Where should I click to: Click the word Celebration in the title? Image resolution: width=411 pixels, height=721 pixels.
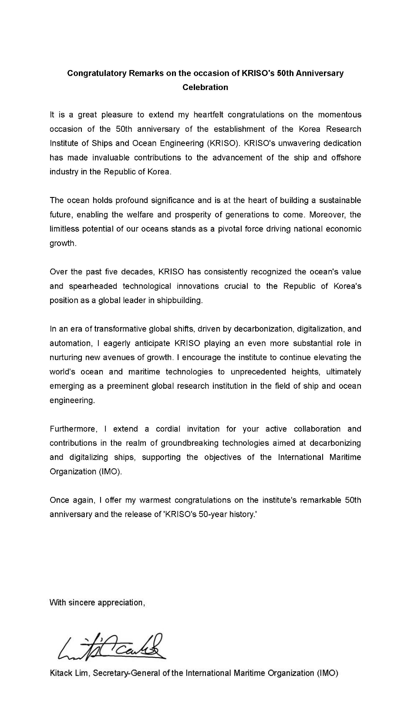205,87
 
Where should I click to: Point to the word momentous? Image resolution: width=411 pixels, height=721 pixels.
340,115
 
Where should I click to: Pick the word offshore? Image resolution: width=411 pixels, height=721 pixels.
346,157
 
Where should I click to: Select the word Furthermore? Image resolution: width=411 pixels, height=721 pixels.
73,429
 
